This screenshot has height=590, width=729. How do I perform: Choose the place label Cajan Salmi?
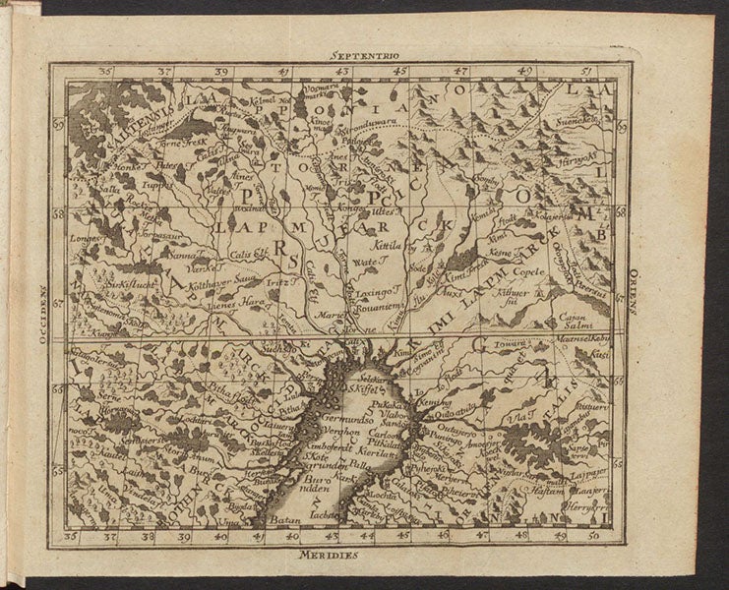569,324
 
